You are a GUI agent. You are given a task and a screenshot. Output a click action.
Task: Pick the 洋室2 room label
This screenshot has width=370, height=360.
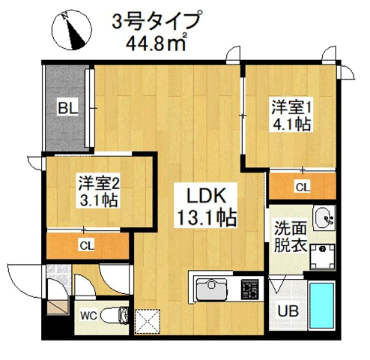tap(99, 183)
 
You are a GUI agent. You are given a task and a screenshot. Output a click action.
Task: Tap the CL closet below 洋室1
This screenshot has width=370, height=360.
tap(302, 186)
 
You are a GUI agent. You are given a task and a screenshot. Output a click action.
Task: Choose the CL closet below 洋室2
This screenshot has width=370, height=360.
tap(87, 245)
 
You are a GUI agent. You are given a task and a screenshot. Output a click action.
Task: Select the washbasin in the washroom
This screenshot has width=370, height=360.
tap(324, 218)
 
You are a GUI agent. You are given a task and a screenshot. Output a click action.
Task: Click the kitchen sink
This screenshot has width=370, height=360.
tap(212, 288)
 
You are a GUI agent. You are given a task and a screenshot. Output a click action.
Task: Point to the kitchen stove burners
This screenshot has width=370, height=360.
tap(249, 288)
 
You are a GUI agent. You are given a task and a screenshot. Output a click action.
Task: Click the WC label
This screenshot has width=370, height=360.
tap(88, 316)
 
